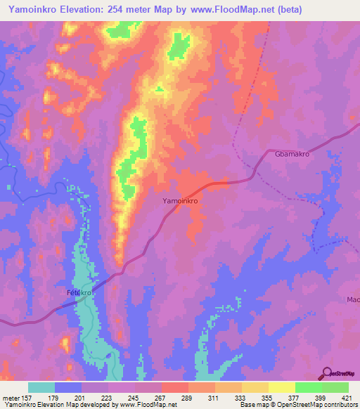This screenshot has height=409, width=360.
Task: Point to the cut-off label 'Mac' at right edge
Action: point(353,299)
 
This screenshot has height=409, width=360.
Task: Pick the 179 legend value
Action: point(53,398)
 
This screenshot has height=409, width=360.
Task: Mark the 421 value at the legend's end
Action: point(349,398)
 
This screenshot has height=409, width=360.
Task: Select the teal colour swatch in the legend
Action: point(41,387)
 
